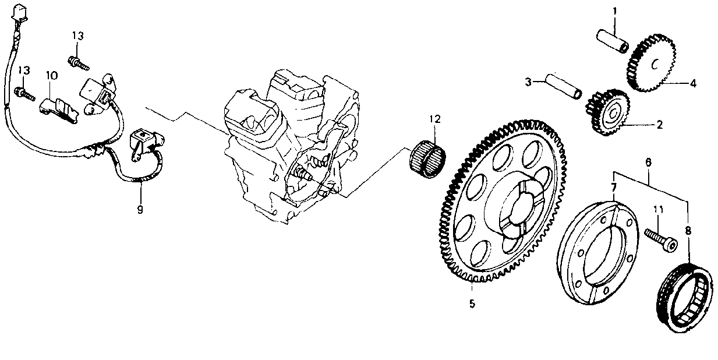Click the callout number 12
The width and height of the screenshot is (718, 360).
[436, 119]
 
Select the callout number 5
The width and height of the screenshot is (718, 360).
[472, 303]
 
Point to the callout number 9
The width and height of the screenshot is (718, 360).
[140, 210]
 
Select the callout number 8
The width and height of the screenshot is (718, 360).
[688, 231]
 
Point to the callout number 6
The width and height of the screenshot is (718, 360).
[648, 162]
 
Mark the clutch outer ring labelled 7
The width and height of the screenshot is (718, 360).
[597, 253]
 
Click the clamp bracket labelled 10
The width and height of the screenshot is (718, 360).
[59, 110]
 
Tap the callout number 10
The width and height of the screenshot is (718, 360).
[52, 76]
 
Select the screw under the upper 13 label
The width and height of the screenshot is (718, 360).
[79, 63]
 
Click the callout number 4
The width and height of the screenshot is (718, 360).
[693, 84]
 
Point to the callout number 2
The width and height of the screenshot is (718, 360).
[659, 125]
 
